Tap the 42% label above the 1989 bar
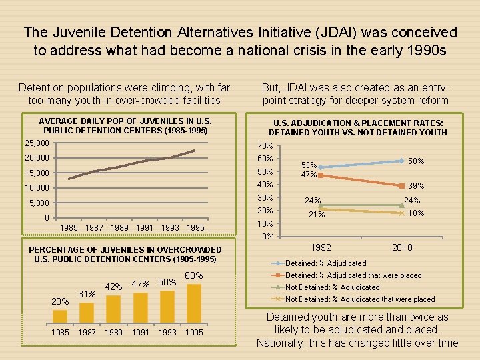click(114, 287)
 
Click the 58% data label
click(417, 161)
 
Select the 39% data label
click(417, 186)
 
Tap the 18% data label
click(417, 213)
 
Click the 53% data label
click(309, 164)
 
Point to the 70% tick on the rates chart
click(265, 146)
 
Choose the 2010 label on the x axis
click(402, 247)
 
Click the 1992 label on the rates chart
click(321, 247)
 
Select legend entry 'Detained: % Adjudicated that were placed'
click(353, 275)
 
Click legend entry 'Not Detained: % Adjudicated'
click(332, 287)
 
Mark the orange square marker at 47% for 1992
click(321, 175)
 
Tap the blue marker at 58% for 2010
click(402, 161)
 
